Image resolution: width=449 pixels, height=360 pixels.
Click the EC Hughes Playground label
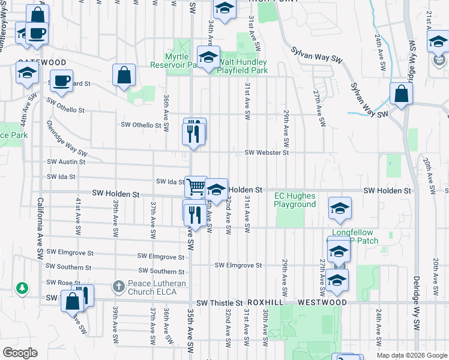295,200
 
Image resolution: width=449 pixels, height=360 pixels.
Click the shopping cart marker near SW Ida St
195,187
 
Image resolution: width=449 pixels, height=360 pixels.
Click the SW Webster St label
267,152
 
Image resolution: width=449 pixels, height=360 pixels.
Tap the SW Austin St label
66,162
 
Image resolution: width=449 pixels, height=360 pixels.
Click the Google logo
20,353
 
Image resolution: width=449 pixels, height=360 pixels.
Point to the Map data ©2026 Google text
412,355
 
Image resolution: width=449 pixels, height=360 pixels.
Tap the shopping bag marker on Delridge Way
400,94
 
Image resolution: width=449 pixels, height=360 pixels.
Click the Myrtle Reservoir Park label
173,61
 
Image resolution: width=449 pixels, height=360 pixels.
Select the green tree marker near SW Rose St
22,289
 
